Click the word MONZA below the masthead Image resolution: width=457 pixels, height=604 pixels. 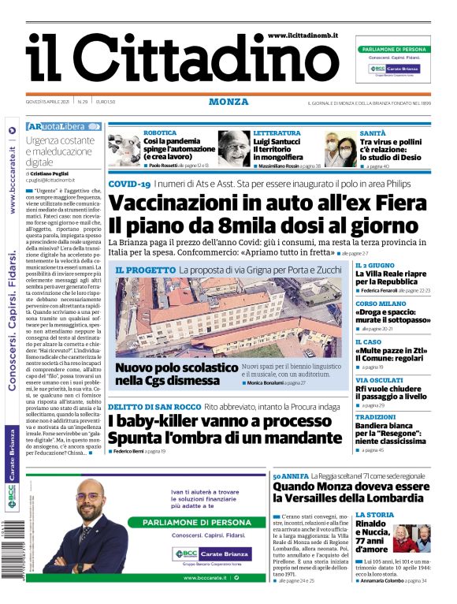tap(228, 102)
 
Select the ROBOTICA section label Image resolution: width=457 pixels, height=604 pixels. tap(160, 133)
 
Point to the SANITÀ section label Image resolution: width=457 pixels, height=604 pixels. tap(372, 133)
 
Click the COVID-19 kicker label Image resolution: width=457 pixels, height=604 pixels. tap(129, 184)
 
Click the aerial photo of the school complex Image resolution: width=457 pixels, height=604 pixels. tap(228, 315)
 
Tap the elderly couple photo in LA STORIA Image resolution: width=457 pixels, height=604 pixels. tap(411, 539)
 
